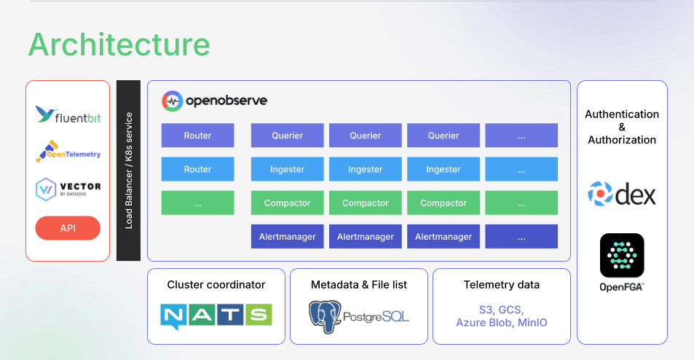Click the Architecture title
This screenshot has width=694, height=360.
point(119,44)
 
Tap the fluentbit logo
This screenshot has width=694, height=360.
point(68,115)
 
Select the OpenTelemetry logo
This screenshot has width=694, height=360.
point(68,152)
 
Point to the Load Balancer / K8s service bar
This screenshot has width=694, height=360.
point(128,171)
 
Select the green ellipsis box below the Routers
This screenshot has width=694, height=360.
point(197,203)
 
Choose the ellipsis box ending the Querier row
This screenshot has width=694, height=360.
point(521,136)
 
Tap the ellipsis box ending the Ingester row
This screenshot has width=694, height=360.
point(521,169)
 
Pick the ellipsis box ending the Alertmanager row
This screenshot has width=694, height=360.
point(521,237)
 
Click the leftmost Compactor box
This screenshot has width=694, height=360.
point(287,203)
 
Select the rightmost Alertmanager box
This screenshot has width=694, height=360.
point(443,237)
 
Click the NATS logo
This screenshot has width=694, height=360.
point(216,315)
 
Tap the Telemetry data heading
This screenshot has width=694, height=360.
point(501,285)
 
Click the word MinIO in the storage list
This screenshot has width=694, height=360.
point(532,322)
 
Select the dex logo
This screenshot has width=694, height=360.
point(622,194)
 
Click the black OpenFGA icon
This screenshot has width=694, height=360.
point(622,255)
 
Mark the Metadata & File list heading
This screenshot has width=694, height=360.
point(358,285)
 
